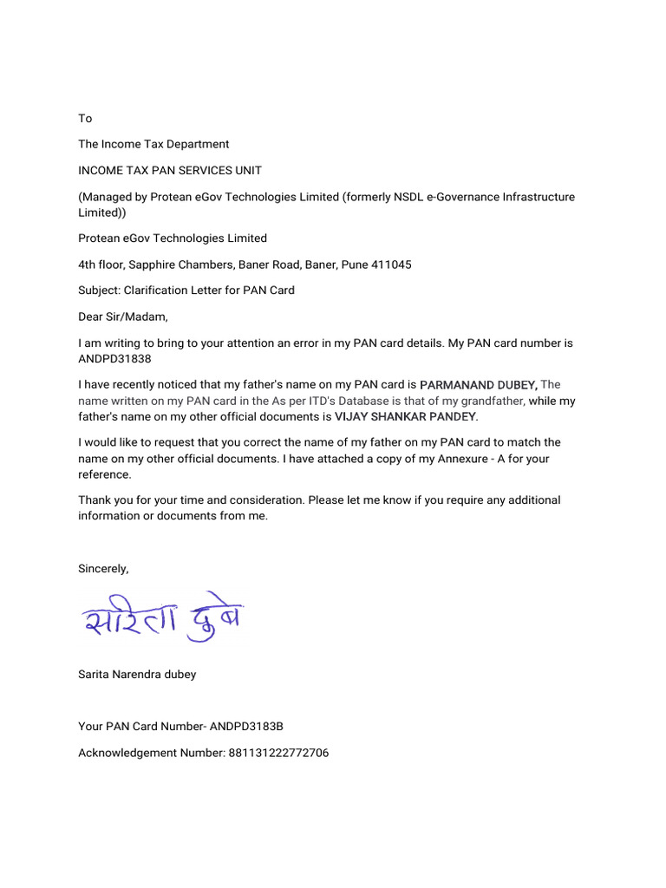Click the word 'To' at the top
point(85,118)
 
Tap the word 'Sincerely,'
point(103,569)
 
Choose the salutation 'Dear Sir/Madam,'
point(123,317)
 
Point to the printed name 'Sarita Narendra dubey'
point(137,674)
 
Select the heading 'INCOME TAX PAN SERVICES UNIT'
point(170,170)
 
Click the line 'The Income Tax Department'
point(153,144)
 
